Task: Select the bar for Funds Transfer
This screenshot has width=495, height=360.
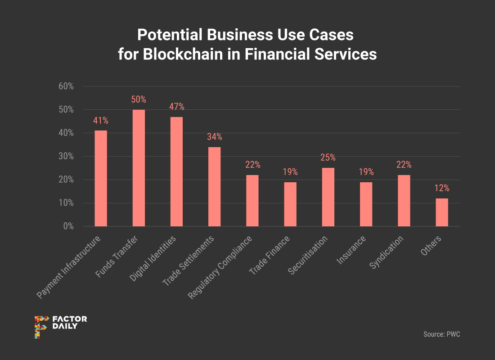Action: [139, 168]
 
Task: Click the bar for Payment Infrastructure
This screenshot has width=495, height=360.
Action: [101, 178]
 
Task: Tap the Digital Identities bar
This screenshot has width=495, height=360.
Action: [176, 171]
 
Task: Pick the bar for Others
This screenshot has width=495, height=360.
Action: [442, 212]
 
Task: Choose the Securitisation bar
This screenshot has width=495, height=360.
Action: [328, 197]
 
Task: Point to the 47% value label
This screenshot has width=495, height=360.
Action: [176, 107]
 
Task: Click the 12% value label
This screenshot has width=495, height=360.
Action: [442, 189]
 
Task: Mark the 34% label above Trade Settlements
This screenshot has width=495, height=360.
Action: [214, 137]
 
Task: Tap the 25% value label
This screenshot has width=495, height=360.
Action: [328, 158]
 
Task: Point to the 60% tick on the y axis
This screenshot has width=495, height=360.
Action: [66, 86]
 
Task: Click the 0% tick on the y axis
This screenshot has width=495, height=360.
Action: [68, 226]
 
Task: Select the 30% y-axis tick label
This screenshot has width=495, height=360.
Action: [66, 157]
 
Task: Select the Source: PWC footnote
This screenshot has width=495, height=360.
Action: [441, 334]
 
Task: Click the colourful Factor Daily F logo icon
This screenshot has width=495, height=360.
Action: [41, 327]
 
